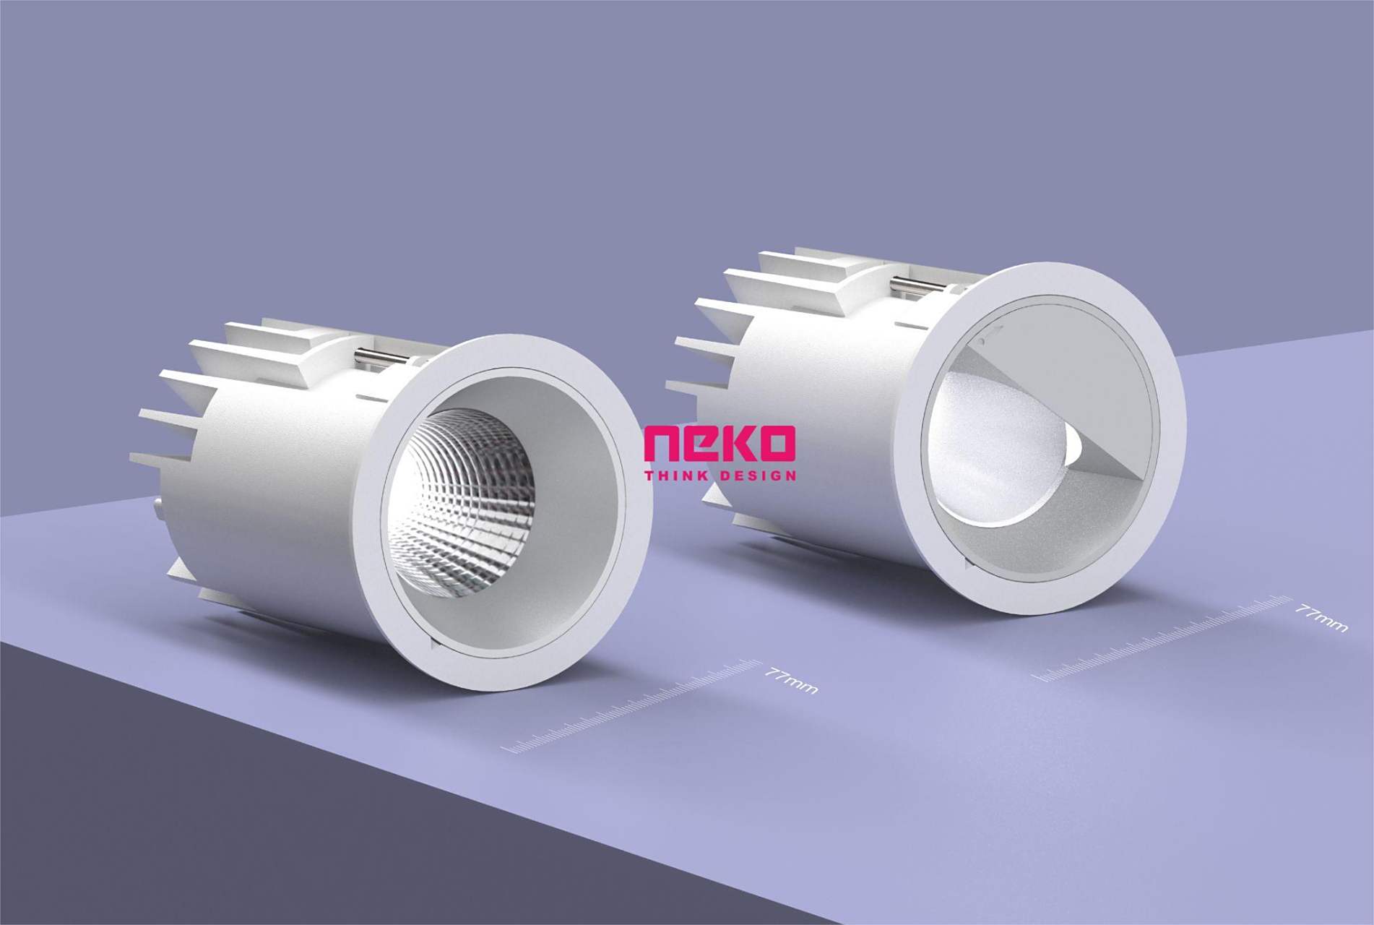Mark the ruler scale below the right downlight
point(1163,637)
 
